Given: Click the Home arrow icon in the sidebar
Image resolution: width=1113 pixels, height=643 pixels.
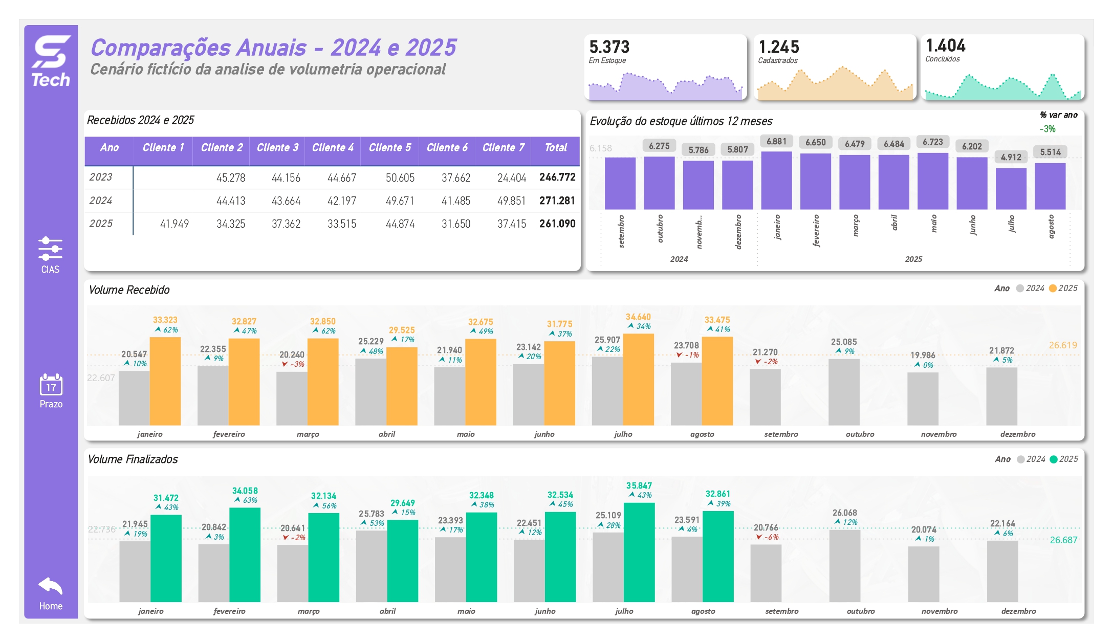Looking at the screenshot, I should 50,587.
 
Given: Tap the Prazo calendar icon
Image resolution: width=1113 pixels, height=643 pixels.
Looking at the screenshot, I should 51,385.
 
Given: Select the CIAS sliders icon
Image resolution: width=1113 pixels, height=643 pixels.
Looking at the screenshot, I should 50,249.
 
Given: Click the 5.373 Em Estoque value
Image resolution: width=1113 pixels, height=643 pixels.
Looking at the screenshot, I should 609,47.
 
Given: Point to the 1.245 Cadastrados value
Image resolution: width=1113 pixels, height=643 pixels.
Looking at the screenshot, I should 778,47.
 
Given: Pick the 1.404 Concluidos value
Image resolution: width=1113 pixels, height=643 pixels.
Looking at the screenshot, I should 945,46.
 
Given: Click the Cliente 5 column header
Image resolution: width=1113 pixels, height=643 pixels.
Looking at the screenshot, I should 389,148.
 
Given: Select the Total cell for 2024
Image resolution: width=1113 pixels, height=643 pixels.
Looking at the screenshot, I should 557,201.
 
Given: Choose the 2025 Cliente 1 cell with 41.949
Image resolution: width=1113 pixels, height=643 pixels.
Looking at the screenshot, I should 174,224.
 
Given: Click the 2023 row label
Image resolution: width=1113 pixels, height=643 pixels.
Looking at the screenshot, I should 101,177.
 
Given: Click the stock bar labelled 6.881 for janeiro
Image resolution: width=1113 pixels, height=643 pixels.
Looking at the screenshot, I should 776,180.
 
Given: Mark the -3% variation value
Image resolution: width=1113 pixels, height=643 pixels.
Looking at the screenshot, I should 1047,129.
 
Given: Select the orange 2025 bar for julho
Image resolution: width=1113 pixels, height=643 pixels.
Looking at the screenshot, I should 638,379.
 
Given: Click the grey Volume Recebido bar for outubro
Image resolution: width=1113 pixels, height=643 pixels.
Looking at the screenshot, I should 844,392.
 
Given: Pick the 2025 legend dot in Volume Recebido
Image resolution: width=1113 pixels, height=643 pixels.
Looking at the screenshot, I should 1053,289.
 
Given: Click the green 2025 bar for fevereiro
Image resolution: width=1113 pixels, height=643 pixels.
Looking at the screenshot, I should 245,555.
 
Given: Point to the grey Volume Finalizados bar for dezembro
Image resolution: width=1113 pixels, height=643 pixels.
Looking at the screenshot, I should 1002,571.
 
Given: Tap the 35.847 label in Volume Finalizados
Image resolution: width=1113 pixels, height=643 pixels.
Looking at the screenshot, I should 639,485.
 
